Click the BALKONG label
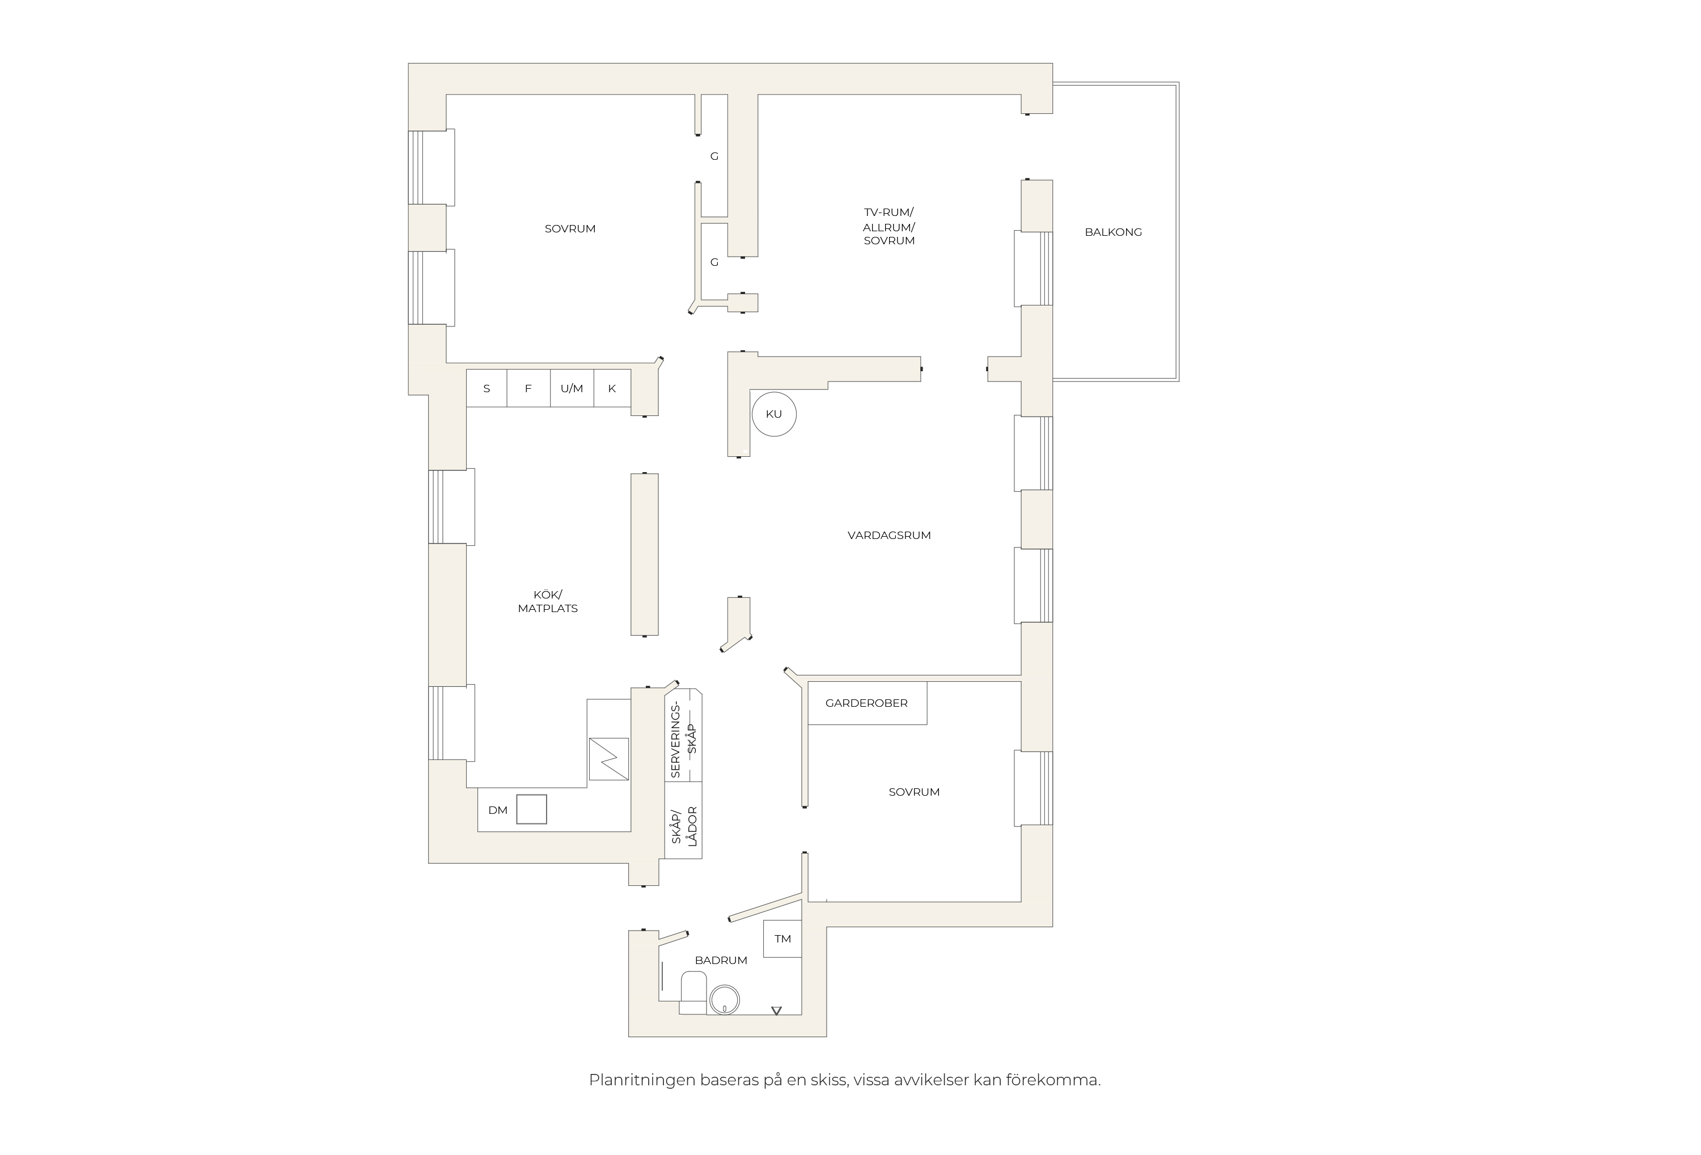click(1112, 232)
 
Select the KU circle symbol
click(773, 414)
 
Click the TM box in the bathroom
click(782, 939)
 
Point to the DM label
click(498, 810)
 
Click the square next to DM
click(531, 809)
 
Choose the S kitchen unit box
click(486, 388)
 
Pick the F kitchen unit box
click(528, 388)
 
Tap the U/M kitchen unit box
click(572, 388)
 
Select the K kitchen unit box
click(612, 388)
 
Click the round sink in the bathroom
click(725, 1000)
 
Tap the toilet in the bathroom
click(693, 992)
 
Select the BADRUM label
click(721, 961)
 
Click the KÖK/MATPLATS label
click(548, 601)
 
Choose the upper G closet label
click(714, 156)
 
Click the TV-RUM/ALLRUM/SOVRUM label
click(888, 227)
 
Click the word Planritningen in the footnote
click(642, 1080)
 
